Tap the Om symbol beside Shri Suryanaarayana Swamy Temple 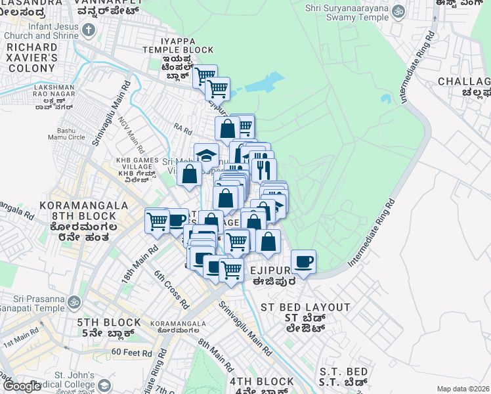pyautogui.click(x=398, y=11)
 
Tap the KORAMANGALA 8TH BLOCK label pyautogui.click(x=83, y=210)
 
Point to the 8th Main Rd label pyautogui.click(x=215, y=355)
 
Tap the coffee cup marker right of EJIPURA pyautogui.click(x=303, y=262)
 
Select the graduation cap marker pyautogui.click(x=206, y=156)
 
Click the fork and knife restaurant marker pyautogui.click(x=264, y=169)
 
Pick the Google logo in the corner pyautogui.click(x=22, y=386)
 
